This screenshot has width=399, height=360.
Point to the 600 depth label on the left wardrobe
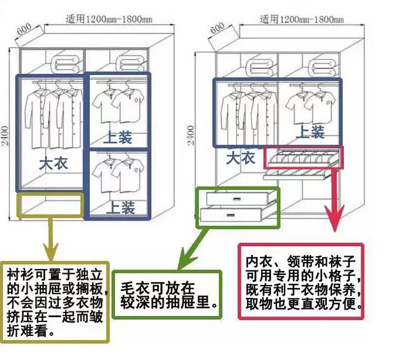tap(23, 30)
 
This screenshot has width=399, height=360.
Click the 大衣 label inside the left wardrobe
tap(54, 162)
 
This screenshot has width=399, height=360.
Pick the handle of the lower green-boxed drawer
tap(235, 215)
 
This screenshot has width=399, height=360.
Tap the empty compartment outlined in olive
tap(50, 203)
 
